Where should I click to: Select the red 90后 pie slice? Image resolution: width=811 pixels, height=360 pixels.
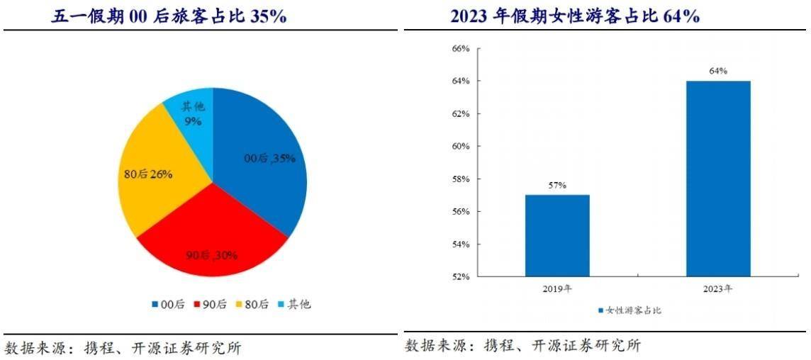[213, 241]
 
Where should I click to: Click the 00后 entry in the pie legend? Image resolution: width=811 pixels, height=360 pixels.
[168, 304]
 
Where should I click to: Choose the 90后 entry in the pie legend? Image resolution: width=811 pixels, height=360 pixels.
[210, 304]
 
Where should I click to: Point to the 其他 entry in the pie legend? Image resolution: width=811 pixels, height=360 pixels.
[293, 304]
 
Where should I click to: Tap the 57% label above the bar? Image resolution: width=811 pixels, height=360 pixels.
[557, 186]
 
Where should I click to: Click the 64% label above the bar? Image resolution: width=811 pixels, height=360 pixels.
[718, 72]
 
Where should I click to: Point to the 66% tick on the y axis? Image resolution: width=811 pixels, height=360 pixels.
[461, 49]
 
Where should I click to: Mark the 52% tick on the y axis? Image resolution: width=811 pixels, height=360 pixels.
[461, 276]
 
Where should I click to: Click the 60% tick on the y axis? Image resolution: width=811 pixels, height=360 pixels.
[461, 147]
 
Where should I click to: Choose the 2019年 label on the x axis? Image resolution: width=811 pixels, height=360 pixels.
[557, 289]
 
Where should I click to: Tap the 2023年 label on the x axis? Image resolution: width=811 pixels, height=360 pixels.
[718, 289]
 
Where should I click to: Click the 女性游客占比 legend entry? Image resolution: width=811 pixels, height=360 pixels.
[629, 310]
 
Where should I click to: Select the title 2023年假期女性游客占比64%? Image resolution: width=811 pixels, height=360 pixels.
[575, 16]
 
